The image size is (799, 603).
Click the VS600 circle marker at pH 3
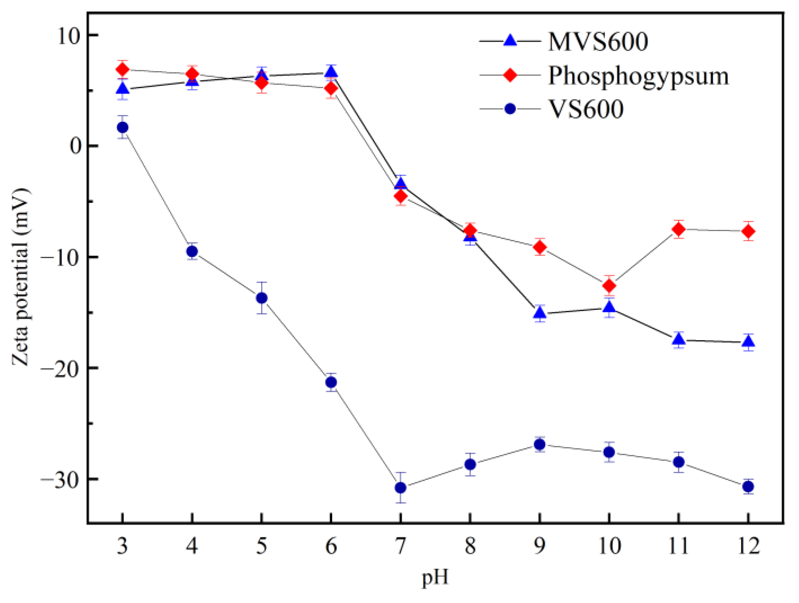(122, 127)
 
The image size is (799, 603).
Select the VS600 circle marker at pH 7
(400, 487)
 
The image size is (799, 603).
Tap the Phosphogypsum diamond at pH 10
(609, 286)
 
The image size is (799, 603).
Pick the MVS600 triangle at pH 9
(540, 312)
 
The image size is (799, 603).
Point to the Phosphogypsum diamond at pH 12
(748, 231)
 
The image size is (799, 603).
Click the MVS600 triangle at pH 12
(748, 342)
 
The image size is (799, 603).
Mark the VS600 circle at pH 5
(262, 298)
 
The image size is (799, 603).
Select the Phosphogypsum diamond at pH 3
(122, 69)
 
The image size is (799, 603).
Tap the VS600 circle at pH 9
(540, 444)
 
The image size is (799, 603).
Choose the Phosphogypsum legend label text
(638, 76)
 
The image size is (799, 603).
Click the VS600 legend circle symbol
(510, 109)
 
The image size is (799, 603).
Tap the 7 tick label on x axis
(400, 546)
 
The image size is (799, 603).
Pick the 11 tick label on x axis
(679, 546)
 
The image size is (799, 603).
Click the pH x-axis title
(435, 577)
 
